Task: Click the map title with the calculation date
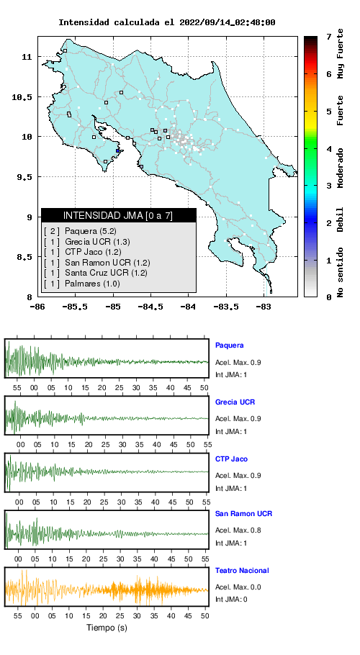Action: coord(166,22)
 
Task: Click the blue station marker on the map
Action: coord(118,151)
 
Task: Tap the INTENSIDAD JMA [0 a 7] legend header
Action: coord(119,215)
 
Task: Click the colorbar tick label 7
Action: coord(329,37)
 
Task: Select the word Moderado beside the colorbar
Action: coord(341,167)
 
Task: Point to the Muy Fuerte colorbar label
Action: coord(341,53)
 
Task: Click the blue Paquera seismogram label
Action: coord(229,345)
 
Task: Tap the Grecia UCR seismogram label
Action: coord(235,402)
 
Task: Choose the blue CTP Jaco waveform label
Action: coord(231,459)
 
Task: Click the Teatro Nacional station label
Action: coord(242,571)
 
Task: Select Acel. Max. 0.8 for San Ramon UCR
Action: coord(238,530)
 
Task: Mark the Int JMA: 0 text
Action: coord(231,600)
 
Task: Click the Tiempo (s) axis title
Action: coord(107,628)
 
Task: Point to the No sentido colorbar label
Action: coord(341,272)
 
